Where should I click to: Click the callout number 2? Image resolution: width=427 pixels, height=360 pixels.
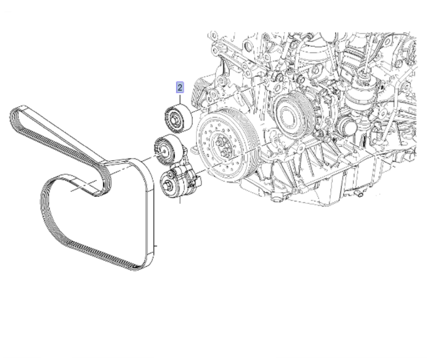(x=180, y=87)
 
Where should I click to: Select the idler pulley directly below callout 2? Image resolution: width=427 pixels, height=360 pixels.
(x=178, y=119)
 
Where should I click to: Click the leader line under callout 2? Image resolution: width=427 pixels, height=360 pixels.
(x=180, y=98)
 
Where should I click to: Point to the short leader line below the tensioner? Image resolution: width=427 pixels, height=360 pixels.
(x=180, y=200)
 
